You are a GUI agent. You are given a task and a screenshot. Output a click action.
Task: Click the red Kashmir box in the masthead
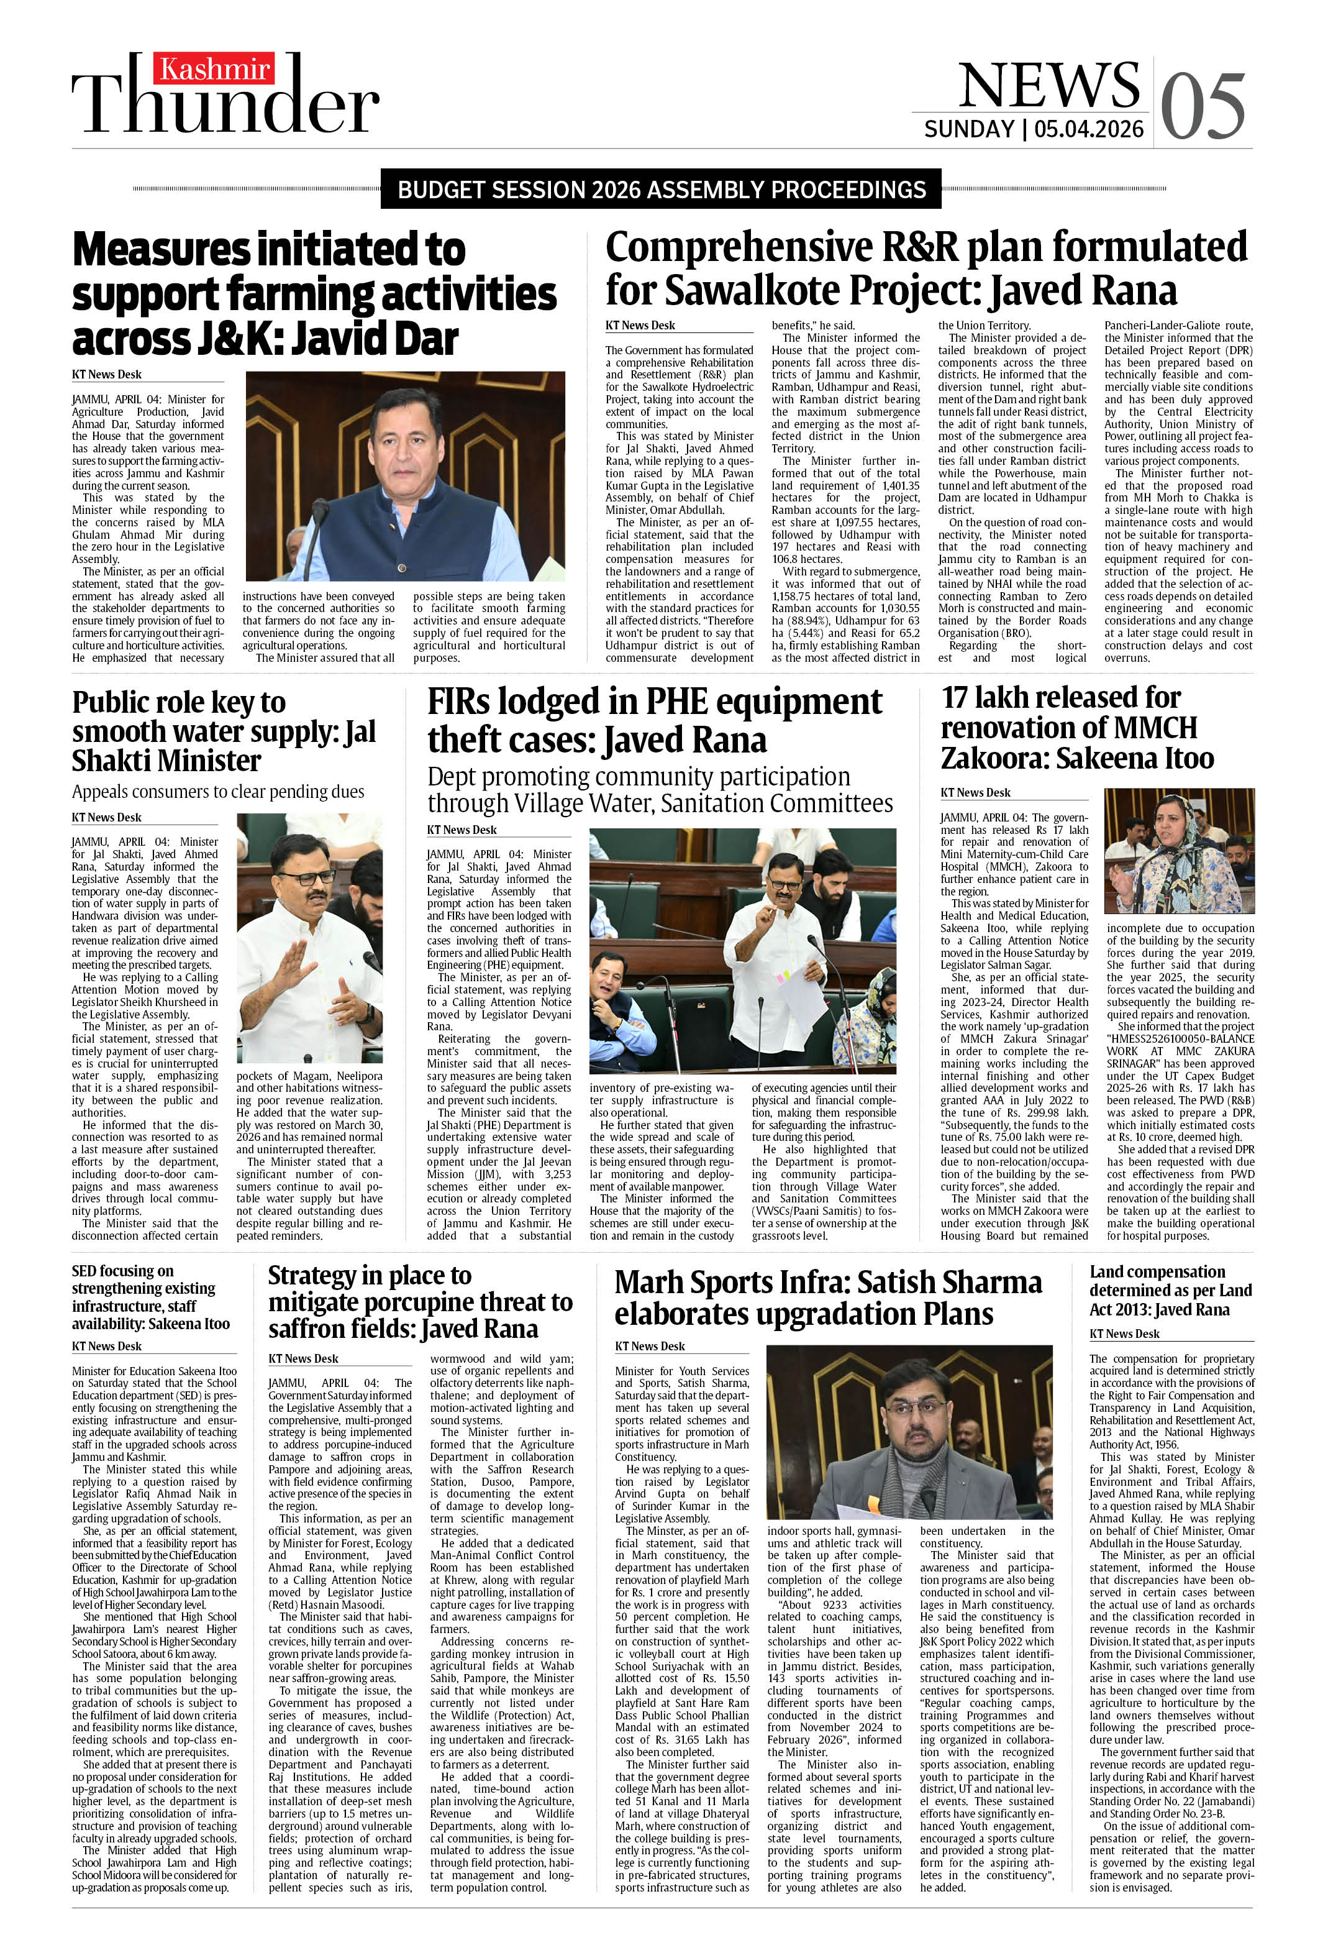click(214, 68)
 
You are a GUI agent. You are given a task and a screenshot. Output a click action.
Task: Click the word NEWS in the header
click(1048, 85)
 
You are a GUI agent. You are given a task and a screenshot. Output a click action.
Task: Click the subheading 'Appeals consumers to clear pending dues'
click(217, 791)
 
